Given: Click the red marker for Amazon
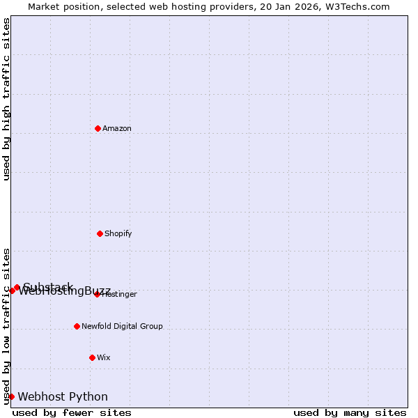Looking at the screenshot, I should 98,128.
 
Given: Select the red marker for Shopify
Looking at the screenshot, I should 100,233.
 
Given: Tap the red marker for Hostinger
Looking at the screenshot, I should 97,294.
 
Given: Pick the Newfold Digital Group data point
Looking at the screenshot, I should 77,326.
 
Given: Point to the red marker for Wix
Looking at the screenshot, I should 92,357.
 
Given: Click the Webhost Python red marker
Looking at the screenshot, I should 11,396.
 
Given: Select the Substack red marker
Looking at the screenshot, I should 17,287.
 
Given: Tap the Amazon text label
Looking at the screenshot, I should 117,128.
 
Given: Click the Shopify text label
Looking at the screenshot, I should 118,233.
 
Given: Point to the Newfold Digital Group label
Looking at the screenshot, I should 122,326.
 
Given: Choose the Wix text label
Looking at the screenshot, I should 104,357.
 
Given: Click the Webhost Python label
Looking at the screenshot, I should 63,397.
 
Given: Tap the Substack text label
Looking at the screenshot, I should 47,286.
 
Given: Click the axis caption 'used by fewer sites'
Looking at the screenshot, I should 72,412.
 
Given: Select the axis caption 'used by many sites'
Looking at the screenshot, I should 350,412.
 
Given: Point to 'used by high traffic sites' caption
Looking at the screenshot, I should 6,99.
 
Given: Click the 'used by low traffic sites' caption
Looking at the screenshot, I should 6,325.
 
